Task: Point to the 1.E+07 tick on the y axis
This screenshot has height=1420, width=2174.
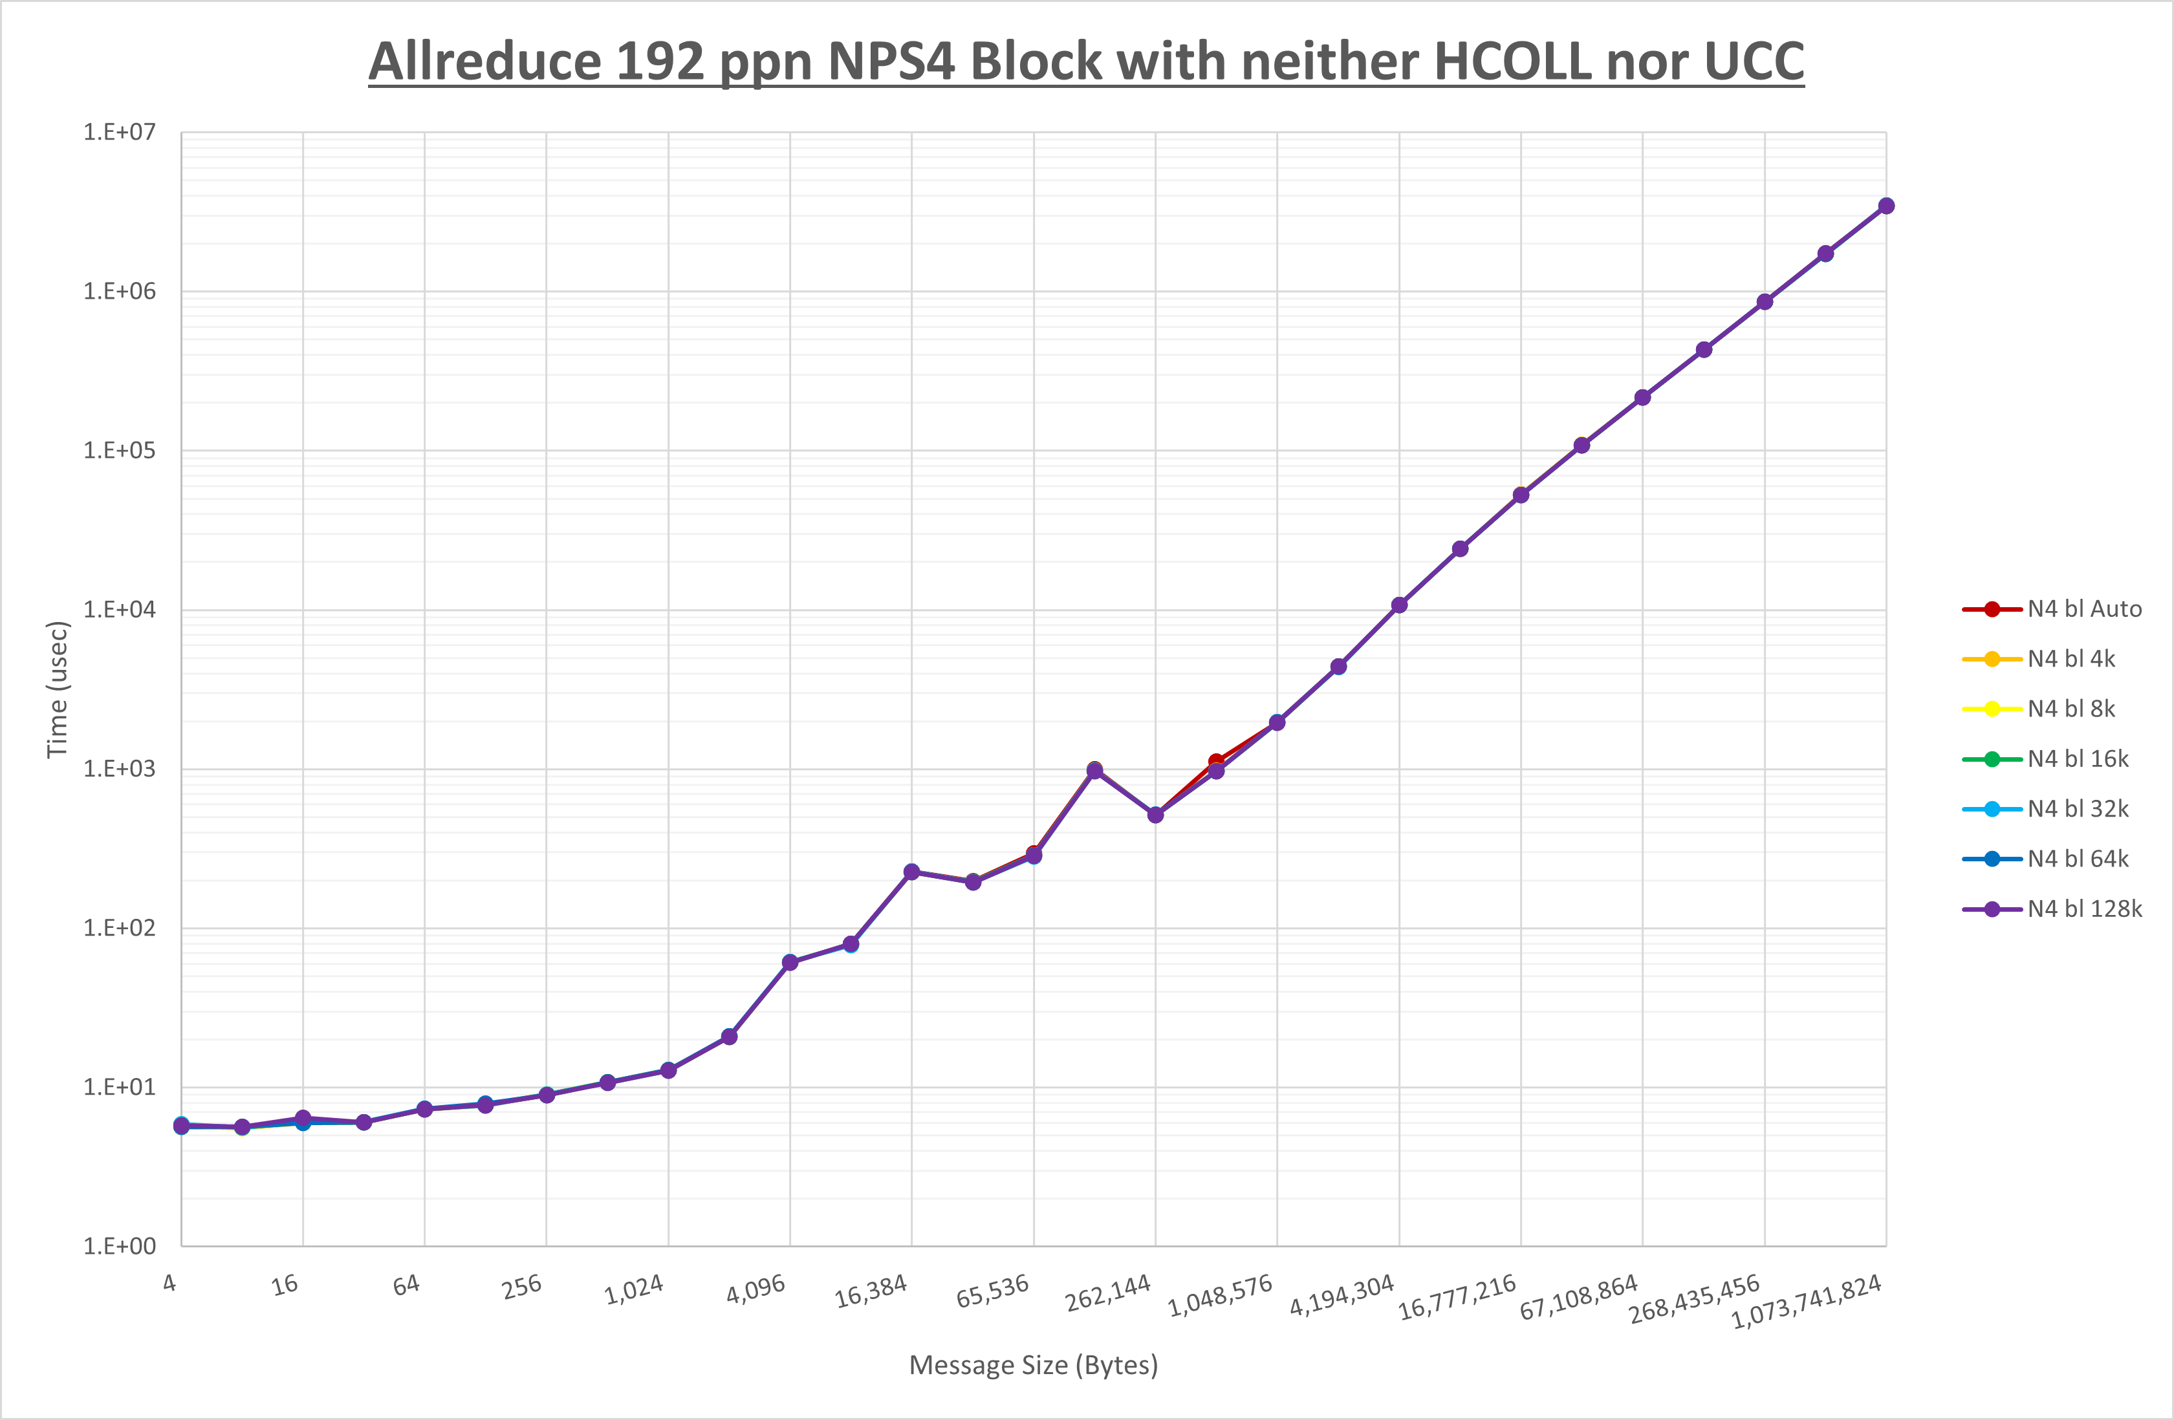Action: (x=120, y=133)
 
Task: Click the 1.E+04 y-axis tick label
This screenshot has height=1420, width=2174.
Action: (x=120, y=610)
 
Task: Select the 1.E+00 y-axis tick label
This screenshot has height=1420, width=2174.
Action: (x=120, y=1247)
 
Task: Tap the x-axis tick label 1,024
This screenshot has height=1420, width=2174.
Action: (x=634, y=1290)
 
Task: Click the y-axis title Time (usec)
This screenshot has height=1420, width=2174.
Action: (x=57, y=689)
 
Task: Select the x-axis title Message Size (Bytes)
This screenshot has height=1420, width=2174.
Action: (x=1033, y=1365)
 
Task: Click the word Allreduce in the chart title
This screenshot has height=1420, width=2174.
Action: (x=484, y=62)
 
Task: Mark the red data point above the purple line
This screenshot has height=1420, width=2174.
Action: (x=1216, y=762)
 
